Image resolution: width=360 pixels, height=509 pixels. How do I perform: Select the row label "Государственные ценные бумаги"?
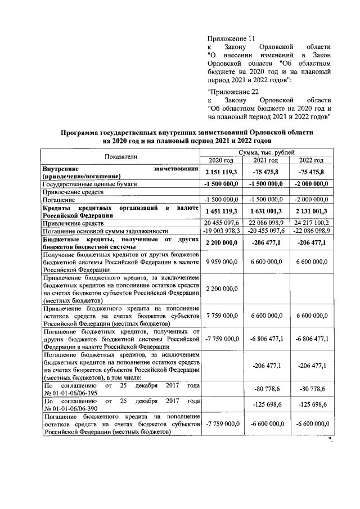(89, 183)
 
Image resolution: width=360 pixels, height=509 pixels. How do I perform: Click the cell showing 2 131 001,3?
(310, 211)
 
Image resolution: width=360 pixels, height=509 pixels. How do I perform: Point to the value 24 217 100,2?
(310, 223)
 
